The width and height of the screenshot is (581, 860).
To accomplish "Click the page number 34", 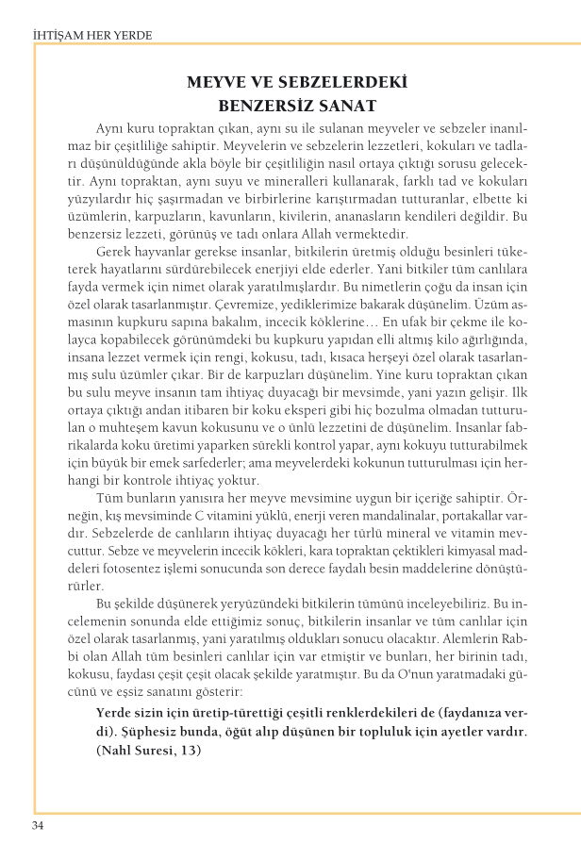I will (x=38, y=826).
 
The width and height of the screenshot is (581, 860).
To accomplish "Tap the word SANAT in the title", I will (x=344, y=105).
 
